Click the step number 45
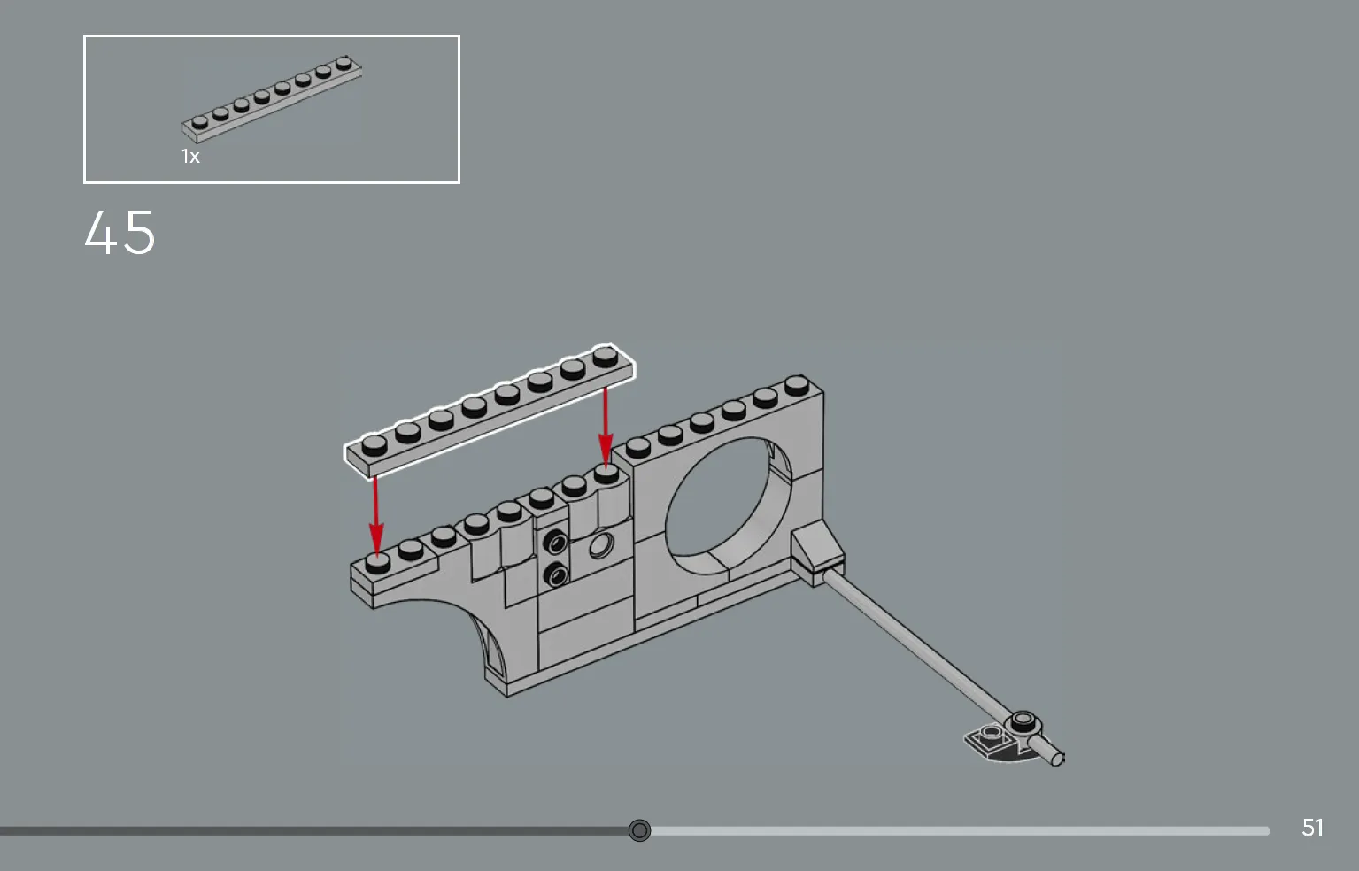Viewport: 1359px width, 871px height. point(120,233)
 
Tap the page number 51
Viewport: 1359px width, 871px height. point(1312,828)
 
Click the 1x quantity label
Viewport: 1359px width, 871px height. point(190,157)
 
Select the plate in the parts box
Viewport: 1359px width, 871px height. point(272,99)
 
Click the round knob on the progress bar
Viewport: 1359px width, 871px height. point(639,830)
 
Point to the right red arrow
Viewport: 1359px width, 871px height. point(605,428)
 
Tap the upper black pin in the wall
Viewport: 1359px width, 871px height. point(555,542)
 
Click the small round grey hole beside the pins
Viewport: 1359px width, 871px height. point(600,546)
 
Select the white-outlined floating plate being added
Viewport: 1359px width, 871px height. point(490,412)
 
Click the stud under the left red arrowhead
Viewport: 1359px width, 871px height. point(377,563)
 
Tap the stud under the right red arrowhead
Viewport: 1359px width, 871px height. point(606,473)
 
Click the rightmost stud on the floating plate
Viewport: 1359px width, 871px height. point(605,357)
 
